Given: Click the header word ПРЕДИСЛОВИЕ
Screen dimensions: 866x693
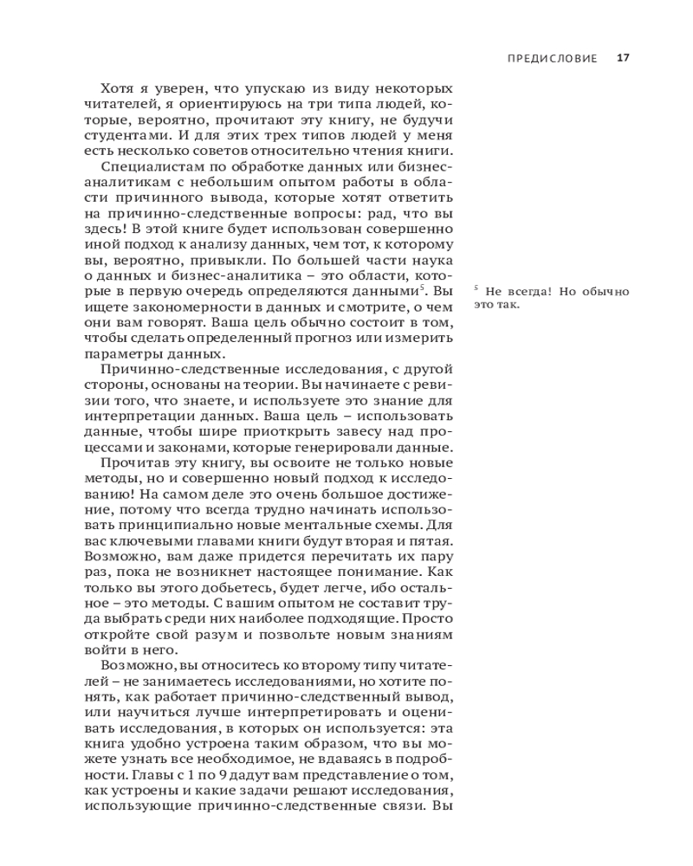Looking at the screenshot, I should [552, 59].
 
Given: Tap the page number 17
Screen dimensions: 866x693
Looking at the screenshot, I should [623, 59].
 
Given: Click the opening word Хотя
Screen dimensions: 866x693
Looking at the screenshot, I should [120, 89].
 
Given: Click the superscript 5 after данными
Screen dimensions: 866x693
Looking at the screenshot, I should [422, 288].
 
